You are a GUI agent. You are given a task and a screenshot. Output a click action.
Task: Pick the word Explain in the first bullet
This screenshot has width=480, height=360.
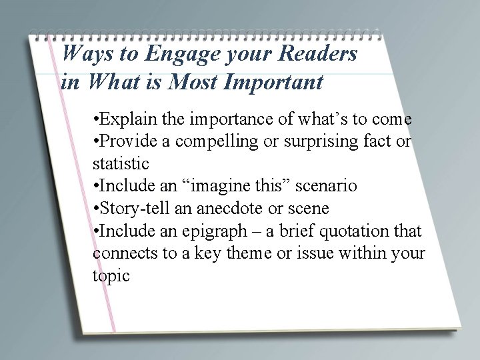[129, 120]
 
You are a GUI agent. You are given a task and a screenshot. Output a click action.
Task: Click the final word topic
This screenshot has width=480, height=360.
[111, 275]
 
